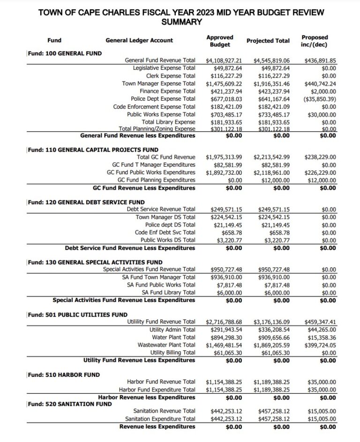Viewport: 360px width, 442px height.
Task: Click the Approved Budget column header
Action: point(219,41)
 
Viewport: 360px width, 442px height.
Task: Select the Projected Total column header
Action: point(268,41)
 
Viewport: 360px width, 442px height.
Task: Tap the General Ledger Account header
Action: point(139,41)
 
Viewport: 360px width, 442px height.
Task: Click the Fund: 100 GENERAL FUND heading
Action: point(65,53)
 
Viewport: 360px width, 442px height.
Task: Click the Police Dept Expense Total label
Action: point(163,99)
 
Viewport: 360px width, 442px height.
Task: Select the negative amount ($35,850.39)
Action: point(319,99)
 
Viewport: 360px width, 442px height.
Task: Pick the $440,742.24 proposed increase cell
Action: point(320,84)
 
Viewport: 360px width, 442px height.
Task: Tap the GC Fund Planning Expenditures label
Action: point(156,180)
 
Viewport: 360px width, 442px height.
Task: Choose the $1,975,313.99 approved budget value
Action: point(224,157)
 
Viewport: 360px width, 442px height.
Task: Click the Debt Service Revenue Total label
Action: point(161,209)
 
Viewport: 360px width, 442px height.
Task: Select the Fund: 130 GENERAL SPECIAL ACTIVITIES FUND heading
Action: point(95,262)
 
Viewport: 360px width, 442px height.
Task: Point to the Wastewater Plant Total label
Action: point(166,345)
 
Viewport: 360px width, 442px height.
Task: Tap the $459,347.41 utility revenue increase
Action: point(320,322)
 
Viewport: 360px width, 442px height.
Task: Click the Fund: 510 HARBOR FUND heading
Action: point(63,375)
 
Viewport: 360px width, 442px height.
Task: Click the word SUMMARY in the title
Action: point(180,22)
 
